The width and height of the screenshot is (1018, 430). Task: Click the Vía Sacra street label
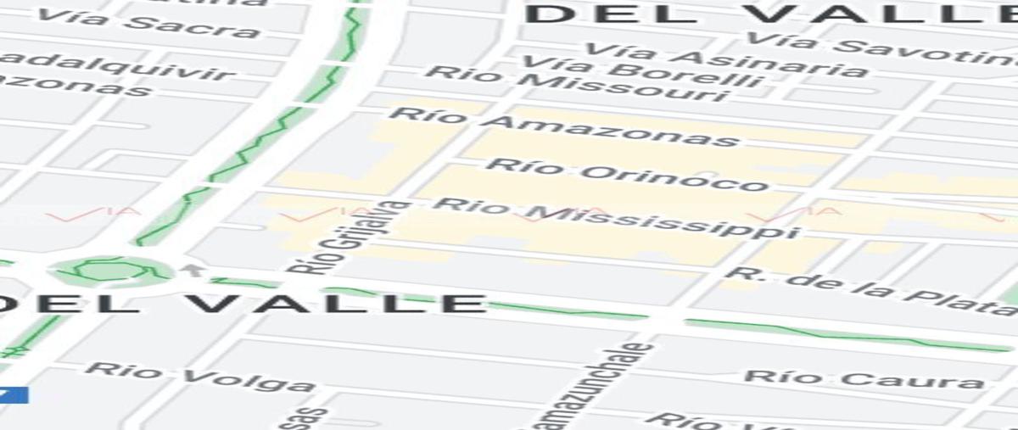click(148, 23)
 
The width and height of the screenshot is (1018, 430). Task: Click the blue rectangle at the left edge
click(14, 395)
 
